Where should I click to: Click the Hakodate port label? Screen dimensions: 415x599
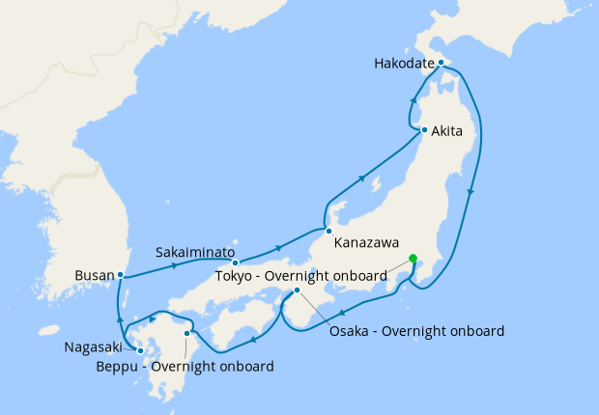(x=404, y=65)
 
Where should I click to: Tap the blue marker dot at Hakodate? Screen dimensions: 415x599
(x=440, y=64)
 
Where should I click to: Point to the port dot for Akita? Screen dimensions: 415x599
(x=424, y=130)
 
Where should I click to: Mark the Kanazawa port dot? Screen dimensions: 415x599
(x=328, y=231)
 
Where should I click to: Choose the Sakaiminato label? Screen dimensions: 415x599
(x=195, y=252)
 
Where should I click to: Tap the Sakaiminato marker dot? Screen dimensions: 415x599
(x=235, y=263)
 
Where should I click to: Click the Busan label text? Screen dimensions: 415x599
(x=94, y=276)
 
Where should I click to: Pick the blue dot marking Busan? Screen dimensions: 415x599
(x=120, y=275)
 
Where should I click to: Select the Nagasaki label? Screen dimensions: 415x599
(x=97, y=346)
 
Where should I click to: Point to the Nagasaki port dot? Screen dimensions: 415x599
(x=140, y=350)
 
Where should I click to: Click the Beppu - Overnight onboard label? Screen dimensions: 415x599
(x=185, y=367)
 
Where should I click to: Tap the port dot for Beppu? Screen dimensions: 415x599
(x=186, y=333)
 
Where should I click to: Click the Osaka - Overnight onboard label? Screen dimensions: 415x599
(x=416, y=331)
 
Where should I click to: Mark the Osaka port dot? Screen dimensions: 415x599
(x=297, y=290)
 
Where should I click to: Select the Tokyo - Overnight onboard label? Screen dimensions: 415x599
(x=301, y=277)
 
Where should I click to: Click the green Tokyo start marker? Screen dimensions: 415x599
(x=413, y=258)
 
